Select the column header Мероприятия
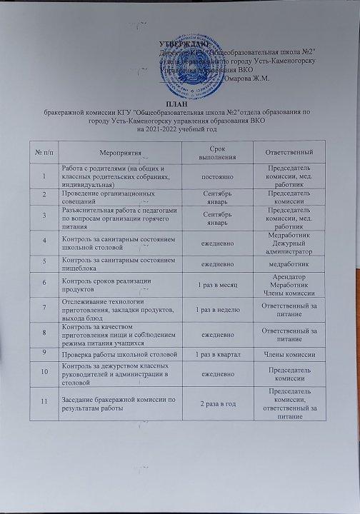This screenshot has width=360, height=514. tap(106, 152)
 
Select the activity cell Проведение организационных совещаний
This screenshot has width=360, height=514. tap(106, 197)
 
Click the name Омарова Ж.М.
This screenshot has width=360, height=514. tap(248, 97)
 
